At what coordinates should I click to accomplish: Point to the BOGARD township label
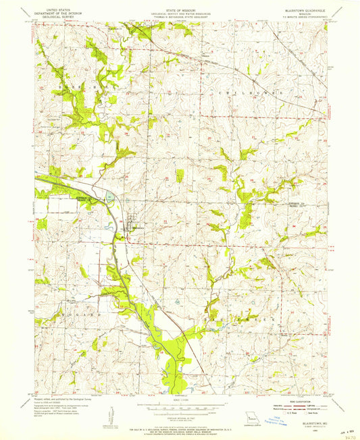pyautogui.click(x=75, y=314)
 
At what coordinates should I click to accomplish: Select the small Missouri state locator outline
pyautogui.click(x=250, y=418)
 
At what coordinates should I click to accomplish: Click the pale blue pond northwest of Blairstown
pyautogui.click(x=111, y=198)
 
